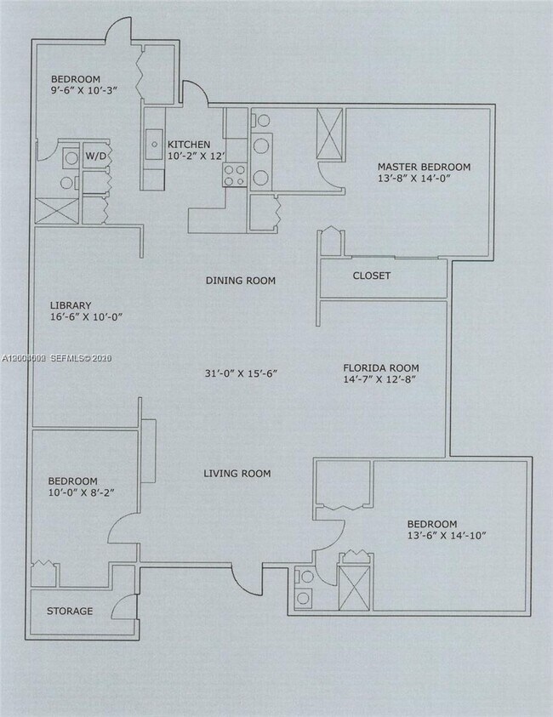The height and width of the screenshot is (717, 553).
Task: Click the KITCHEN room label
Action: [188, 144]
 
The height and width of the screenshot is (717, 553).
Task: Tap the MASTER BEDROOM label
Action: [424, 167]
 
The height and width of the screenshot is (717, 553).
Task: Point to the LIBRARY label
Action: [70, 305]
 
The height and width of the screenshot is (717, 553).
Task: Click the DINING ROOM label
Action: [241, 281]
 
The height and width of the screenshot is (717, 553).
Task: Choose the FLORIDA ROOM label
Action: [380, 368]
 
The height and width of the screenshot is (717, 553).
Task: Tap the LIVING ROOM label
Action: [237, 473]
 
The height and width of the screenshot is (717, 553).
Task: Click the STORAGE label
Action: [70, 611]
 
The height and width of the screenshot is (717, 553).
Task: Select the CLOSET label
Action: [372, 276]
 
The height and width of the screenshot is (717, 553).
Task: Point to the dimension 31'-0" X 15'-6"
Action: [241, 373]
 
